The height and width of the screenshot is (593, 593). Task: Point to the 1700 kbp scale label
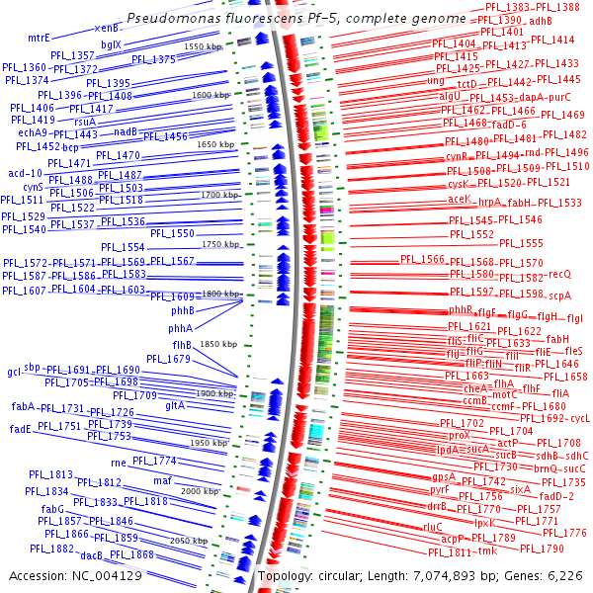point(219,195)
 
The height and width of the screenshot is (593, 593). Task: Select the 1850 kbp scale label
point(219,343)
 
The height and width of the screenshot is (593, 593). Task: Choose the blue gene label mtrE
point(40,38)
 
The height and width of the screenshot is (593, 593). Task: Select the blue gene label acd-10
point(25,173)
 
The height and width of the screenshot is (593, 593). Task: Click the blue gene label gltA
point(175,405)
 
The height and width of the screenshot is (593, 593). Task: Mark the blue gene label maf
point(163,480)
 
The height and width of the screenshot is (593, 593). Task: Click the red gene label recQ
point(559,274)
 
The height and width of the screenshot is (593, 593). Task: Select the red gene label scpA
point(560,295)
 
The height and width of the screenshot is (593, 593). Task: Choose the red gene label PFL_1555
point(520,243)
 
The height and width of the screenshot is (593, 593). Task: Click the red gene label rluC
point(432,527)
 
